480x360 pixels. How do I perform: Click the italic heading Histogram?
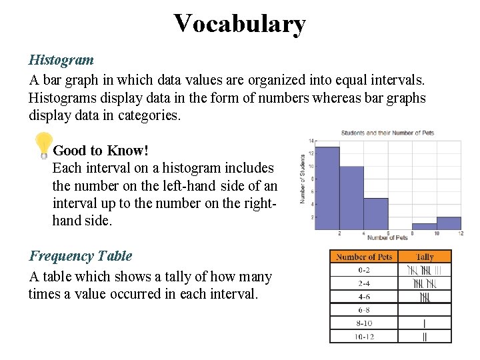tap(61, 60)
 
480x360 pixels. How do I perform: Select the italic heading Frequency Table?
tap(80, 256)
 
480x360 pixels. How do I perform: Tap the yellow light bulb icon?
tap(43, 145)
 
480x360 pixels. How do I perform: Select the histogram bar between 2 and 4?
tap(351, 198)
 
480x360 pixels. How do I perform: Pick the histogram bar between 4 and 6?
tap(376, 213)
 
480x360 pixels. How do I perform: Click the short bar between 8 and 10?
tap(425, 227)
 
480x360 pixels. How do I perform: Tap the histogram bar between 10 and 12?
tap(449, 223)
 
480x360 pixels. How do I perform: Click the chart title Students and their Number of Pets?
tap(387, 133)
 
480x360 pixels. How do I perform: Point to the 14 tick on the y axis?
tap(311, 141)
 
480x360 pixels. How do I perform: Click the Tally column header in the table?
tap(425, 257)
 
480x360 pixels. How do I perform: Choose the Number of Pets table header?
tap(365, 257)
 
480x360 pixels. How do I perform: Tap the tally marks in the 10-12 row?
tap(425, 337)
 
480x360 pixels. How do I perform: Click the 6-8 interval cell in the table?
tap(365, 309)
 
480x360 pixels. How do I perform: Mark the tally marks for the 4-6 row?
tap(425, 296)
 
